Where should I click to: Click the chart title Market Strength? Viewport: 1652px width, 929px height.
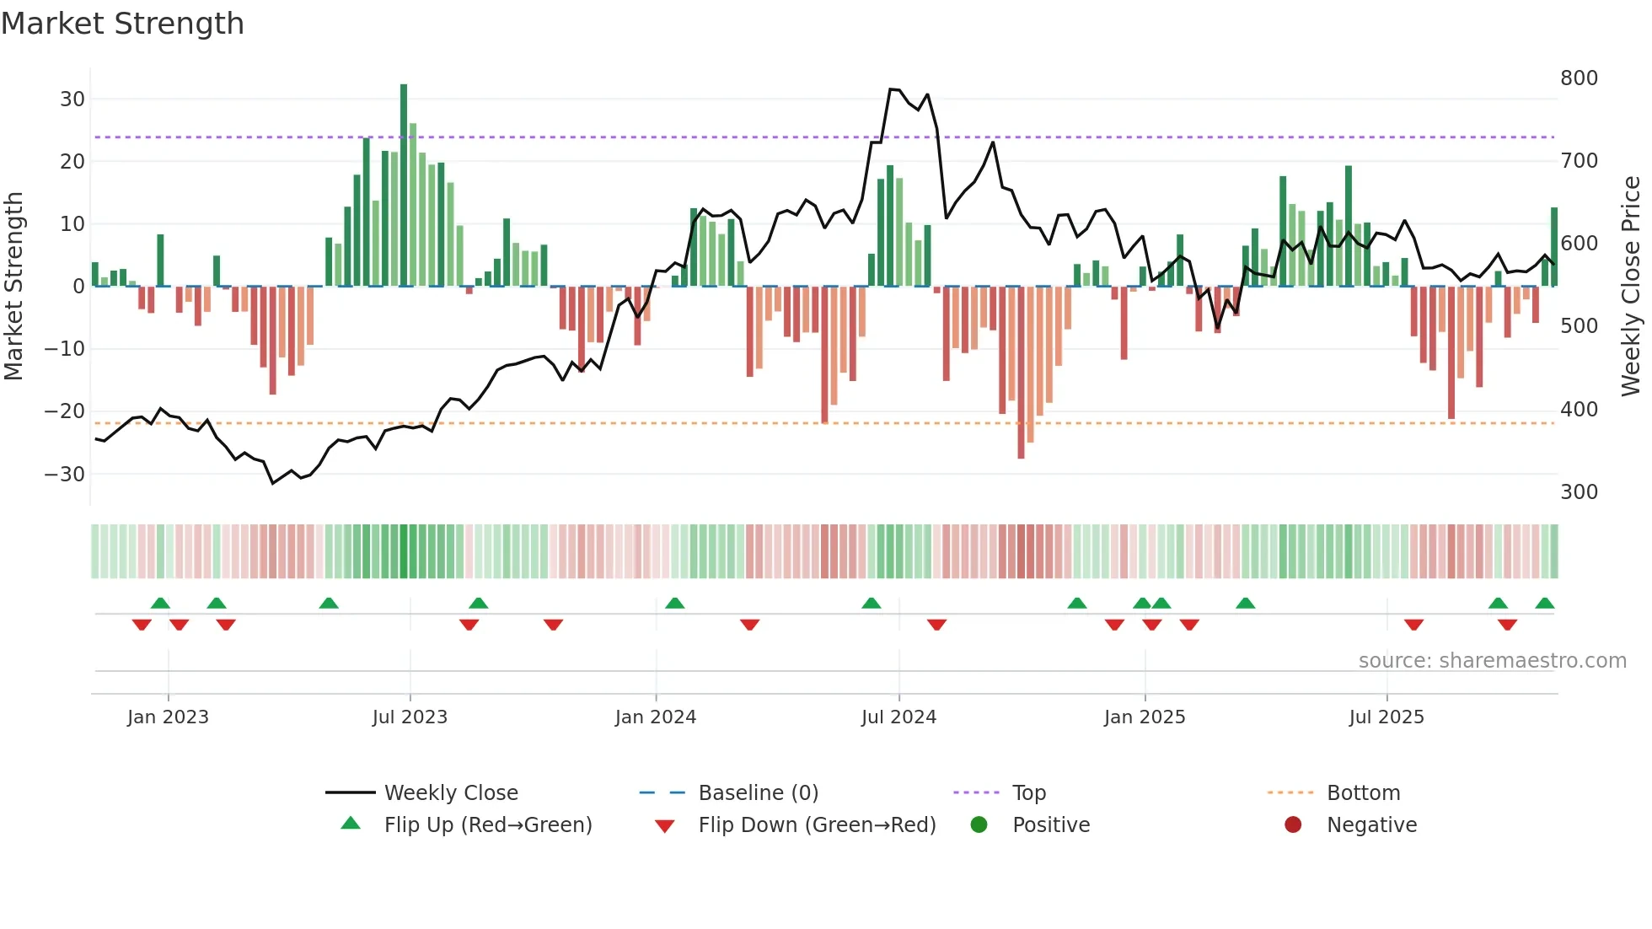tap(122, 24)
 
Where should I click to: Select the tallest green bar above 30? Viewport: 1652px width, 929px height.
tap(404, 185)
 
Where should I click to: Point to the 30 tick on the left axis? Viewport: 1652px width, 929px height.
tap(72, 99)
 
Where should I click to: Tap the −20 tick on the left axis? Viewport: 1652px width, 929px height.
tap(65, 411)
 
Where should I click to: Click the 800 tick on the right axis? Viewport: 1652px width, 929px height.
tap(1579, 78)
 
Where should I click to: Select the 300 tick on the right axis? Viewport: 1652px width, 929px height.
tap(1579, 492)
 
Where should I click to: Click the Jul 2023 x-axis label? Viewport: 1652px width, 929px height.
tap(410, 717)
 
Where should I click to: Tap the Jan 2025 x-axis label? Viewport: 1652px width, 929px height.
tap(1145, 717)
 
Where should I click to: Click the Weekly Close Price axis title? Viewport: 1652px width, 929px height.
tap(1631, 287)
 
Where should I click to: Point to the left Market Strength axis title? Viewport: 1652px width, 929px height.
tap(13, 287)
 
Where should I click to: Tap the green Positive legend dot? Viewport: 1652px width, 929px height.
tap(979, 825)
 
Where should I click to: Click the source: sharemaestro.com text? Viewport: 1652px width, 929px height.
tap(1492, 661)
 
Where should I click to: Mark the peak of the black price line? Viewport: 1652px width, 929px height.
tap(892, 89)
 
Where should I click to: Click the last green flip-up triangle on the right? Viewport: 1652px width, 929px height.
tap(1545, 604)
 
